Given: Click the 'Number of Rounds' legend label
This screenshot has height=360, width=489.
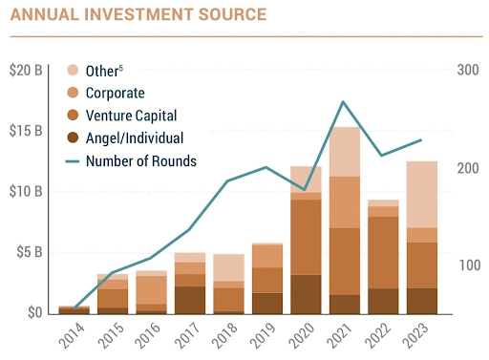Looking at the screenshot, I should coord(140,160).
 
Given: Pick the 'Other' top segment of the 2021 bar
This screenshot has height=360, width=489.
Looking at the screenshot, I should coord(344,151).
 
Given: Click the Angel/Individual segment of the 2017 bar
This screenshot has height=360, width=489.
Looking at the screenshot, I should coord(189,299).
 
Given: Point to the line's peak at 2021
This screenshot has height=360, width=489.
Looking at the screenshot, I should coord(344,101).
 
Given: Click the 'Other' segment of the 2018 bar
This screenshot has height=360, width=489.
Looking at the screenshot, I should coord(227,267).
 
